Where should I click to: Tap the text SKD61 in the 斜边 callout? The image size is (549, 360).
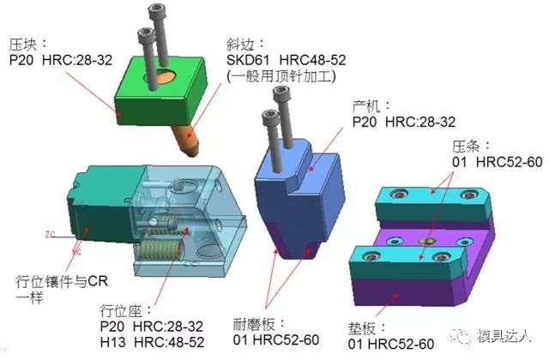coord(248,60)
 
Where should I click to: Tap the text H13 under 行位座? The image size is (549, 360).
coord(112,342)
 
